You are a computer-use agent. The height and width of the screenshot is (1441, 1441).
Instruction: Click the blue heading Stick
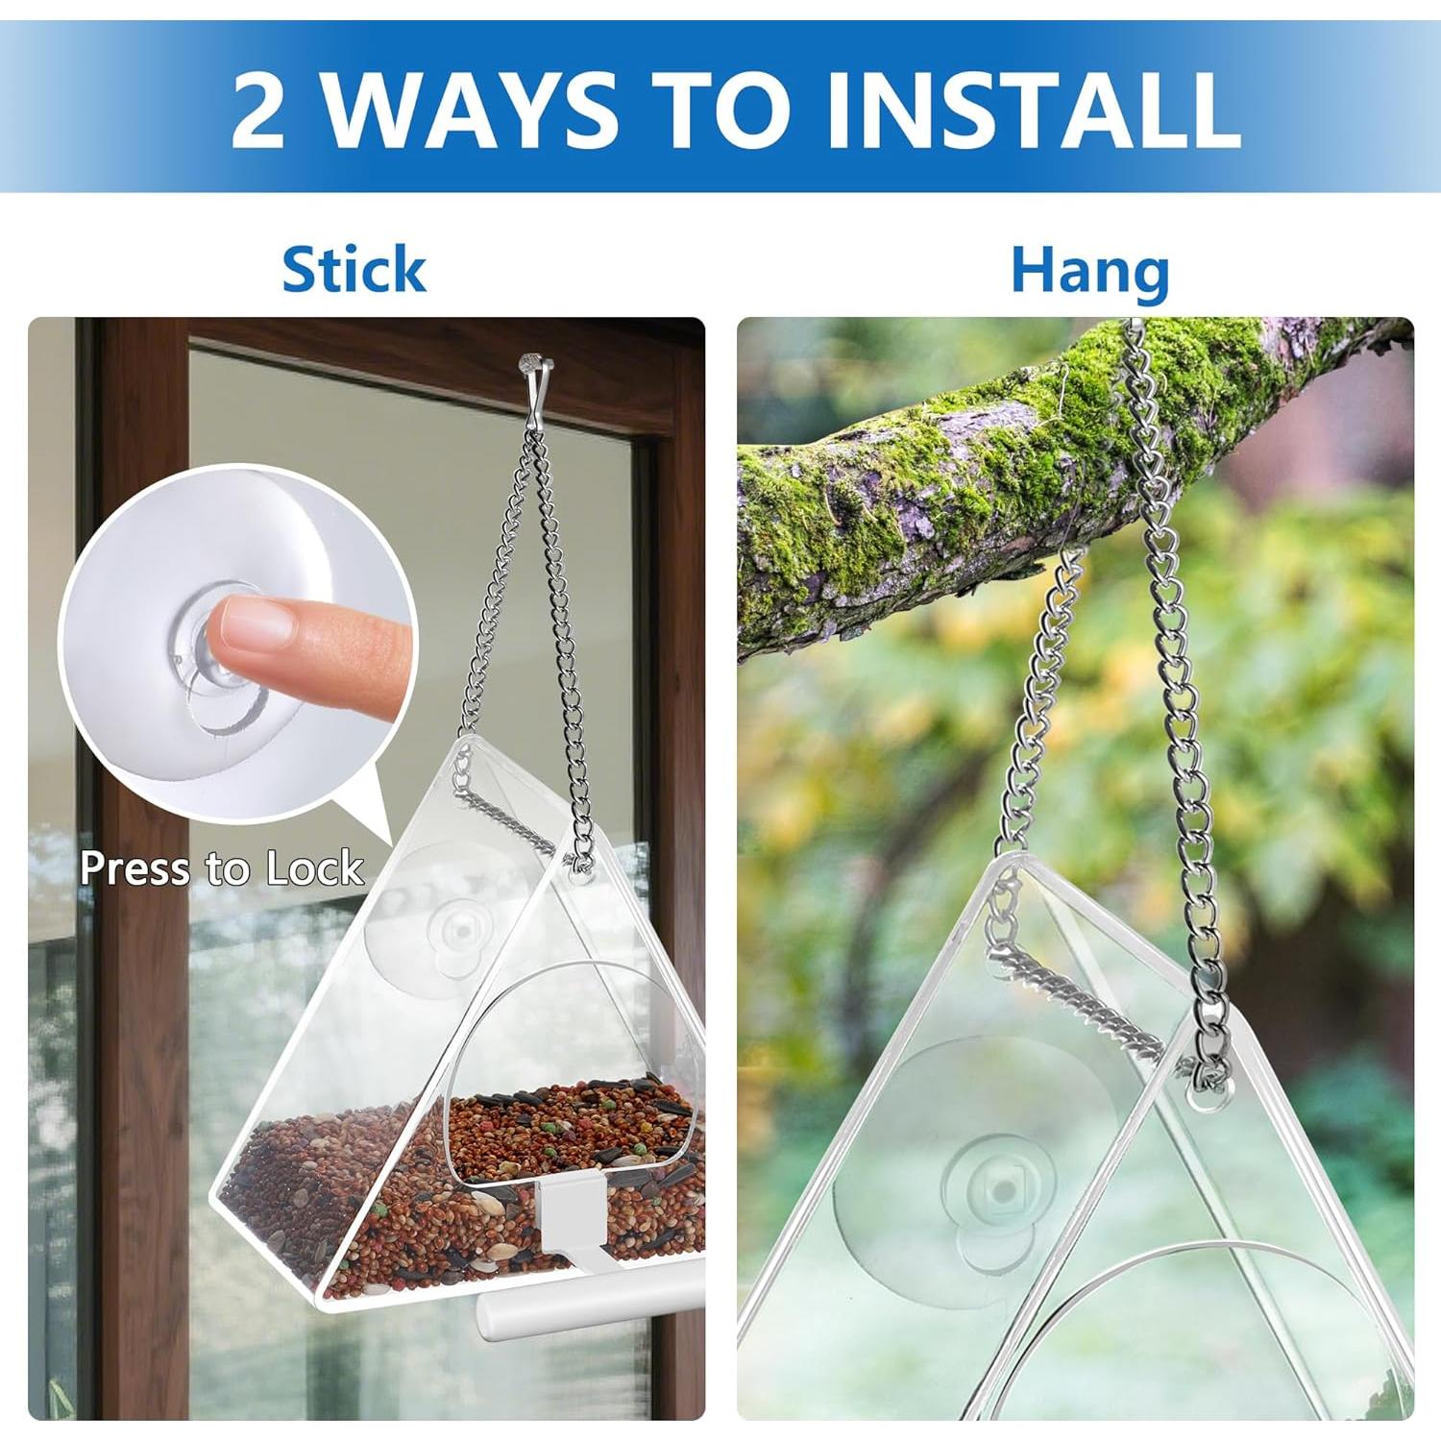(354, 270)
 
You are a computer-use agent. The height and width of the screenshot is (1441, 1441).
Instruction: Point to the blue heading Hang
(1089, 272)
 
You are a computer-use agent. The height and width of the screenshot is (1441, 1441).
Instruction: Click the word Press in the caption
(134, 868)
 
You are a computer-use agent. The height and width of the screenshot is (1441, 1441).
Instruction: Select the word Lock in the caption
(315, 868)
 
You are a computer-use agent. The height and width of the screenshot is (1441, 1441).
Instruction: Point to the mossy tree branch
(961, 480)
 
